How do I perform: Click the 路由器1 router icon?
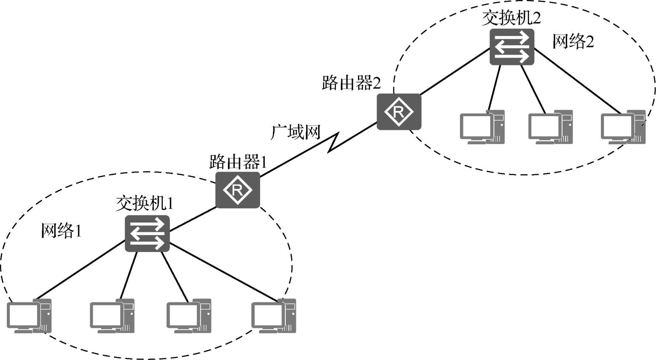pyautogui.click(x=237, y=190)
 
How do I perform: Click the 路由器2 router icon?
pyautogui.click(x=399, y=111)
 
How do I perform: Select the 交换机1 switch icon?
pyautogui.click(x=147, y=234)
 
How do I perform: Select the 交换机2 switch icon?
pyautogui.click(x=512, y=47)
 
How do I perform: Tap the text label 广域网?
pyautogui.click(x=296, y=132)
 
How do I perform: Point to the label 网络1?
pyautogui.click(x=61, y=231)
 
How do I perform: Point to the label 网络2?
pyautogui.click(x=573, y=41)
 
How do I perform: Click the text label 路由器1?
pyautogui.click(x=238, y=162)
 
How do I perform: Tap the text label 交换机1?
pyautogui.click(x=144, y=203)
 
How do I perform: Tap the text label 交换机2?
pyautogui.click(x=511, y=18)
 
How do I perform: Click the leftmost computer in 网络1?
pyautogui.click(x=29, y=316)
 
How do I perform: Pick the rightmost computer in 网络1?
pyautogui.click(x=273, y=316)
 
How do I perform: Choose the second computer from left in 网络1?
pyautogui.click(x=112, y=316)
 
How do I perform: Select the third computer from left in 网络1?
pyautogui.click(x=189, y=316)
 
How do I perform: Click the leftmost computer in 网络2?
pyautogui.click(x=482, y=127)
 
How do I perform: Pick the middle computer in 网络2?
pyautogui.click(x=551, y=127)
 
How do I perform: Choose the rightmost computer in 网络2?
pyautogui.click(x=623, y=127)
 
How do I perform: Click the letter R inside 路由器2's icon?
pyautogui.click(x=398, y=112)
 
